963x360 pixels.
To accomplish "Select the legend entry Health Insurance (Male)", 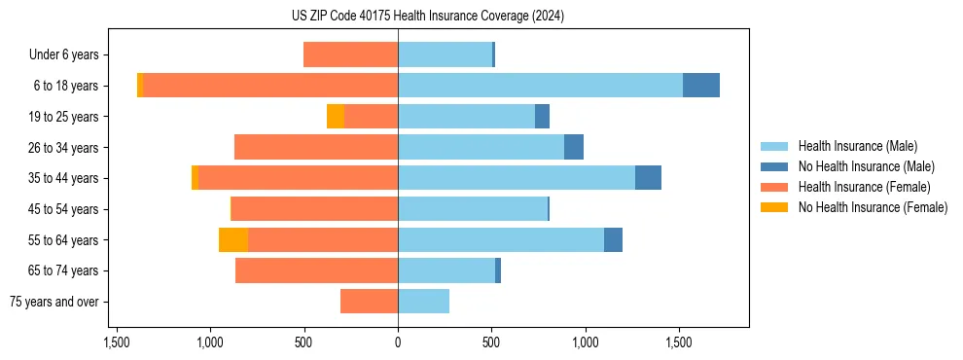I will [x=857, y=146].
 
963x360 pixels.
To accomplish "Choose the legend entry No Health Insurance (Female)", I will [x=873, y=207].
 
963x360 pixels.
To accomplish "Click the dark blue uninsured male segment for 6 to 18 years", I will [x=701, y=86].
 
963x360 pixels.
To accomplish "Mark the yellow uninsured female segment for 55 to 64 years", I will [x=233, y=239].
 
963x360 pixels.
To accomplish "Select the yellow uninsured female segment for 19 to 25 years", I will [x=336, y=117].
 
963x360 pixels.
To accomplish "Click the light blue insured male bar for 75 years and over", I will [x=423, y=302].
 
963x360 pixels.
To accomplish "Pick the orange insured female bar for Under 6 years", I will [x=350, y=54].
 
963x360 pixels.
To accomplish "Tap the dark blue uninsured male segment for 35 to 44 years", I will [x=648, y=178].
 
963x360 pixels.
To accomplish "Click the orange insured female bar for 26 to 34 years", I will [x=316, y=147].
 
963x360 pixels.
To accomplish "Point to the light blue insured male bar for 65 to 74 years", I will [x=446, y=270].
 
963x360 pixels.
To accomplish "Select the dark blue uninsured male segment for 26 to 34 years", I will [x=574, y=147].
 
